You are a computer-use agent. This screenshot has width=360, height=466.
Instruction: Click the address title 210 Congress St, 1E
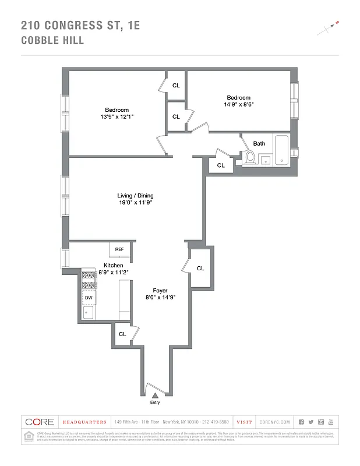(x=80, y=25)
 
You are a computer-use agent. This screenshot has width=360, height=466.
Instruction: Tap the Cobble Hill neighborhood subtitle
(x=52, y=40)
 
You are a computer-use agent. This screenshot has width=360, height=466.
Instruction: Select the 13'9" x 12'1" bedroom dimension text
(x=117, y=117)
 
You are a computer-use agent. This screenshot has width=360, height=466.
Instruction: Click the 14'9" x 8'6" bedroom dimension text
(x=238, y=105)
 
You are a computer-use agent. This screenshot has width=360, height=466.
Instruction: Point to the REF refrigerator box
(x=119, y=249)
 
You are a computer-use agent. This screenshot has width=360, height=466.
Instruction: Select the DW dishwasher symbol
(x=89, y=298)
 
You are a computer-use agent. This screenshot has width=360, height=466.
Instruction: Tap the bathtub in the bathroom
(x=281, y=150)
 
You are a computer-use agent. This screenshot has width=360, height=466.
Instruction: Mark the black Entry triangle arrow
(x=155, y=396)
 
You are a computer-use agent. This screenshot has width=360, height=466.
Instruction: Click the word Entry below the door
(x=155, y=403)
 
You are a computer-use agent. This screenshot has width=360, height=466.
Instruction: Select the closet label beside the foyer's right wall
(x=200, y=269)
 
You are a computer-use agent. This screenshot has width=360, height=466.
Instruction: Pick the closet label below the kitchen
(x=122, y=334)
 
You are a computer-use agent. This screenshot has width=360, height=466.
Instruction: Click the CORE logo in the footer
(x=39, y=422)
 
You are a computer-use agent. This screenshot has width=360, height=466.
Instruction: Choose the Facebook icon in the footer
(x=301, y=422)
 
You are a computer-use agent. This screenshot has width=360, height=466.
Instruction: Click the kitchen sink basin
(x=89, y=313)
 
